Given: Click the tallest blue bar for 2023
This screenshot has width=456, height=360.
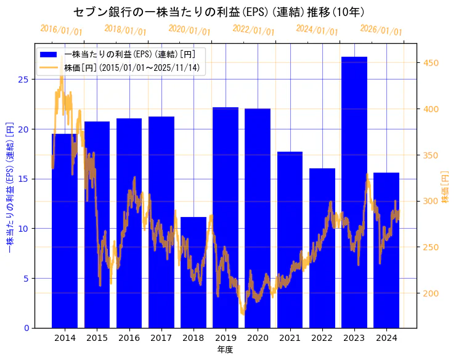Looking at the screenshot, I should [354, 191].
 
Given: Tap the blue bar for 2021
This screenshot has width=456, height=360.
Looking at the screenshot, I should [290, 240].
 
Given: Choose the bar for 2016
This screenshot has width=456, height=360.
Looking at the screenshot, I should [129, 222].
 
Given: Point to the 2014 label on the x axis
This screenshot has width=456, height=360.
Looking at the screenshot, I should [65, 338].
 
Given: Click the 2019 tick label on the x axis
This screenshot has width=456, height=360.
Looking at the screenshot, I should [226, 338].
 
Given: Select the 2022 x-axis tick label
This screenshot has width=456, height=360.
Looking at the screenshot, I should [322, 338].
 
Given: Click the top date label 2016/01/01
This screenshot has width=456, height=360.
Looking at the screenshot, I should [61, 30].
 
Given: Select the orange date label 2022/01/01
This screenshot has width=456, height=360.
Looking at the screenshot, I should [253, 30].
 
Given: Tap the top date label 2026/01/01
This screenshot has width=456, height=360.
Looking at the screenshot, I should [381, 30].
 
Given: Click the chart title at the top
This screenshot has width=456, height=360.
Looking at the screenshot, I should [219, 12].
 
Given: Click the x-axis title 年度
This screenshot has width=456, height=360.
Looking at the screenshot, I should [225, 350].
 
